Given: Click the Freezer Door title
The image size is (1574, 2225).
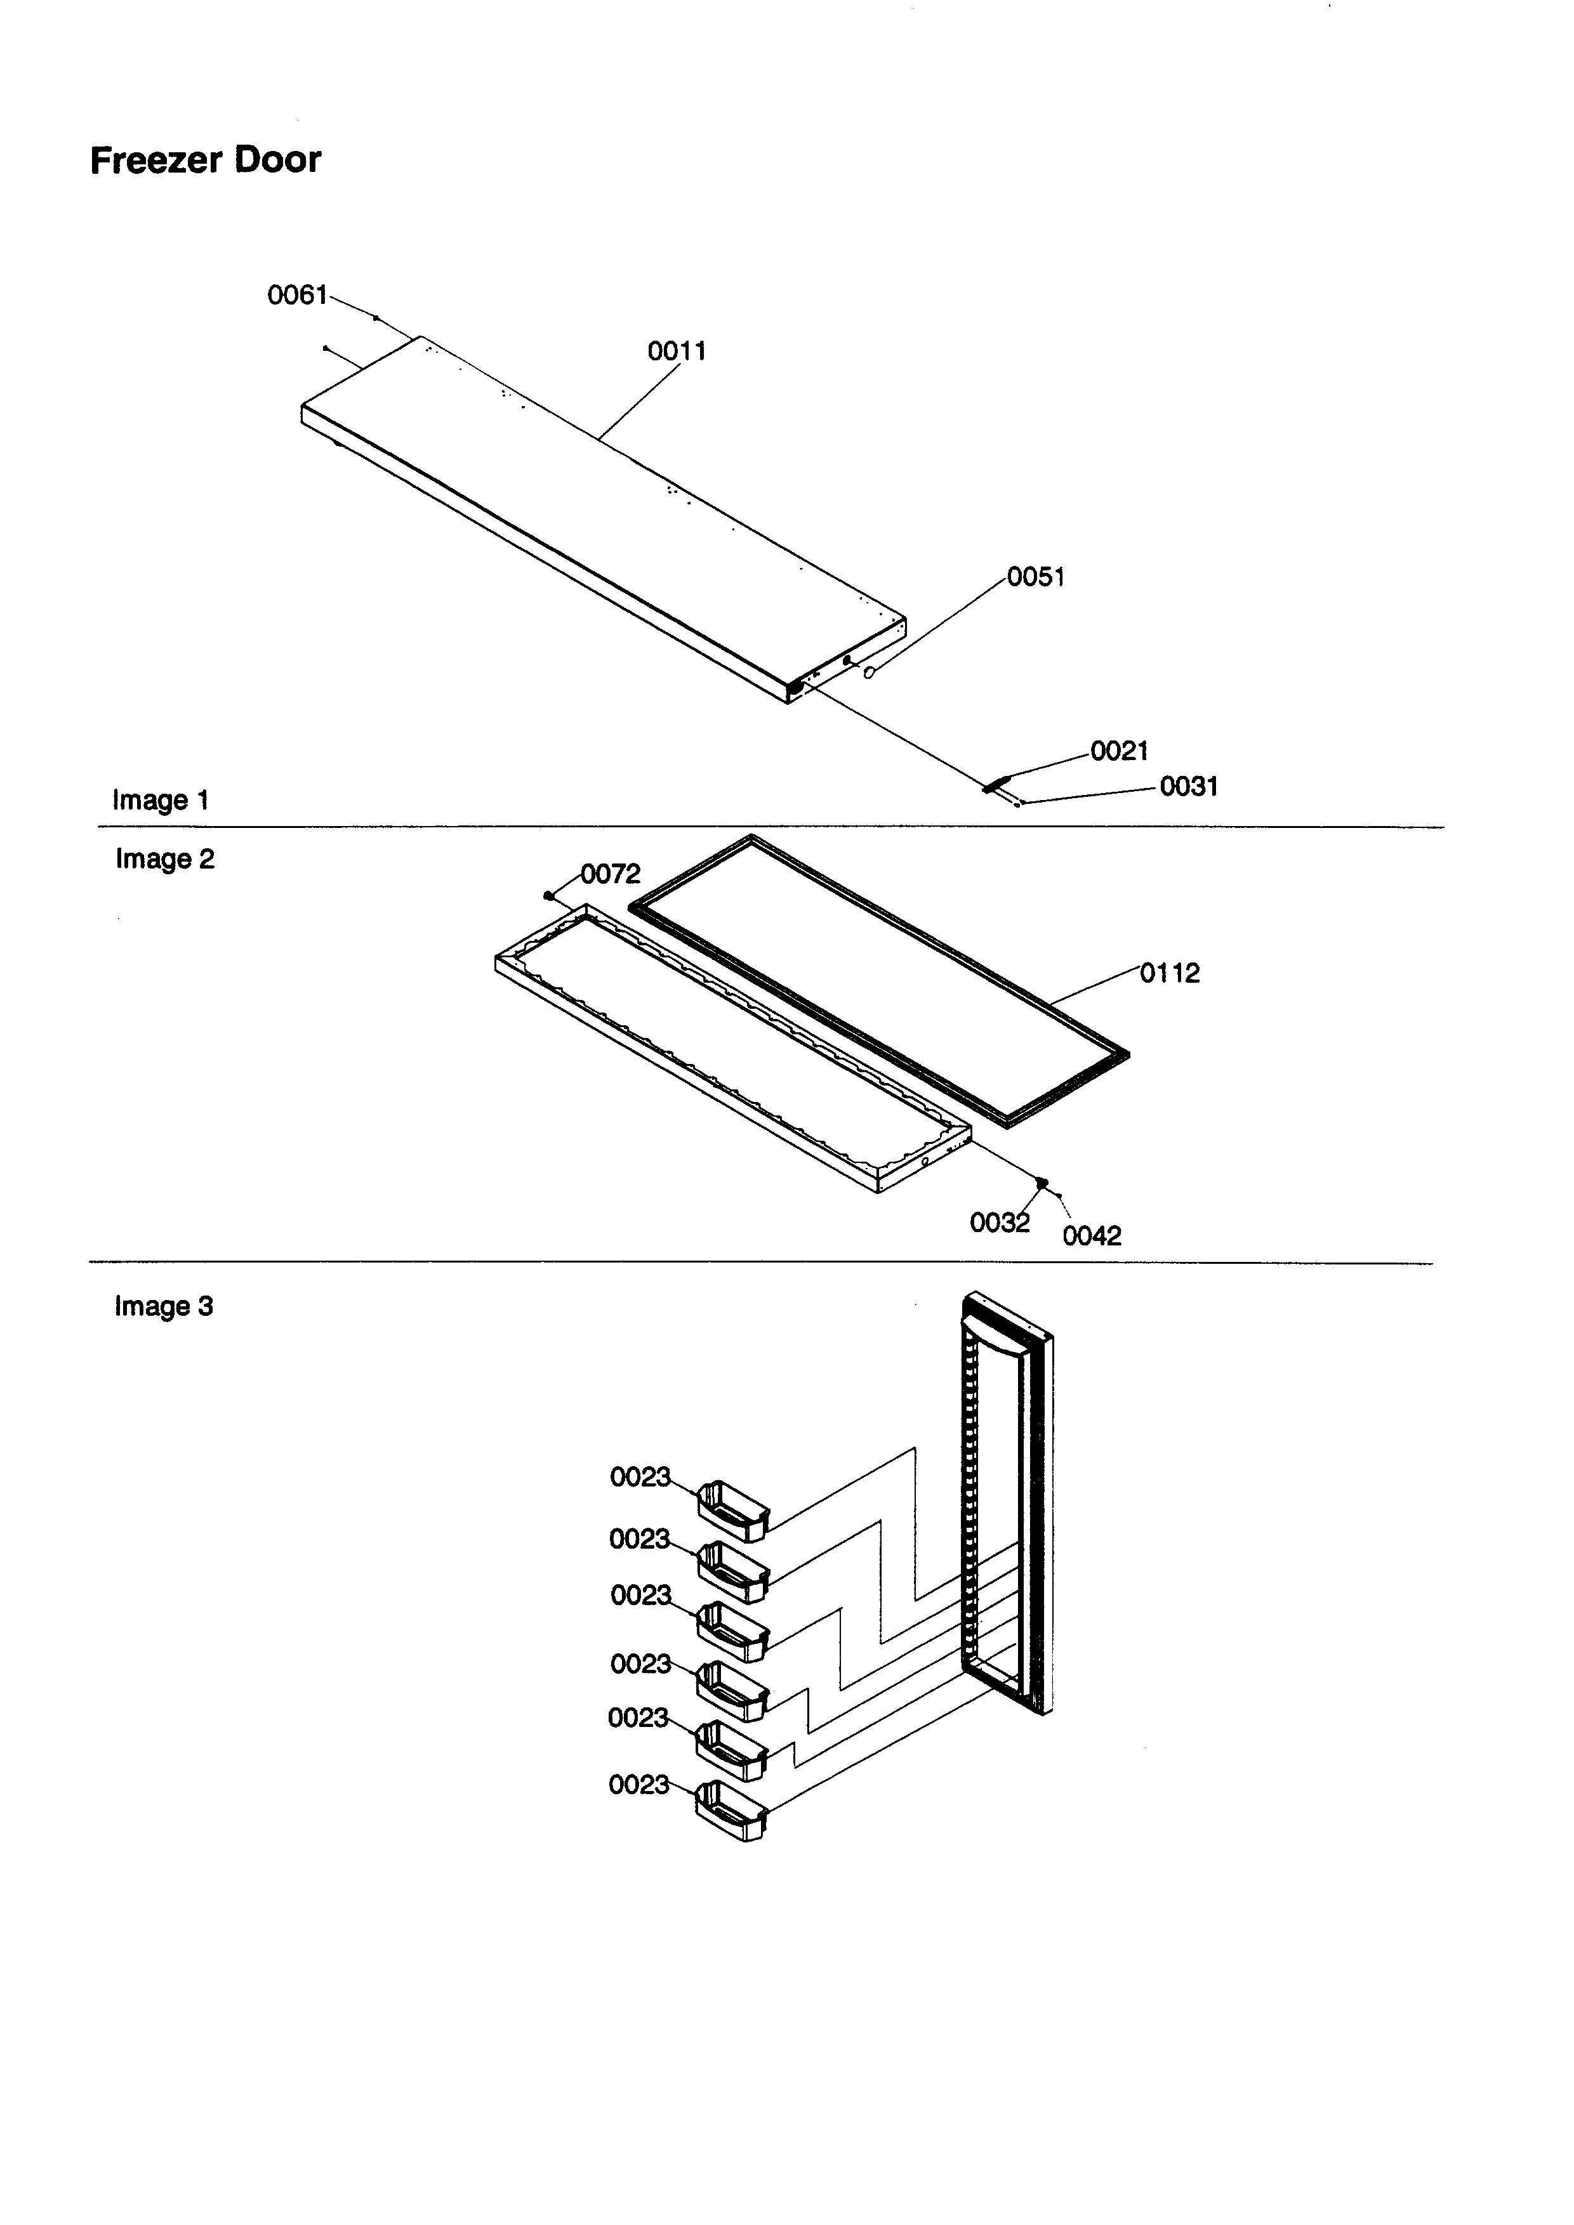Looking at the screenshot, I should pos(206,160).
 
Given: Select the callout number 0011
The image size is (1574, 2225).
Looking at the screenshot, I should pos(677,351).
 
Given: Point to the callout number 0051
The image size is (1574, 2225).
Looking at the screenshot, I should pos(1036,577).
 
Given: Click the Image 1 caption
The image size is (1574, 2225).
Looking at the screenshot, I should pos(161,801).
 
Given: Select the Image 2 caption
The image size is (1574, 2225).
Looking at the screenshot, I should pos(165,860).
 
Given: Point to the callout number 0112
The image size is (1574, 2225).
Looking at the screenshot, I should pos(1170,973).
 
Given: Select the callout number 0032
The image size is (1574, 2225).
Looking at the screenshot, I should pos(999,1223).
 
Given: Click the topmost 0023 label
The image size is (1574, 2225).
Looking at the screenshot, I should pos(640,1477).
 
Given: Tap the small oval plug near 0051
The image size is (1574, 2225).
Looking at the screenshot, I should pos(870,672).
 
